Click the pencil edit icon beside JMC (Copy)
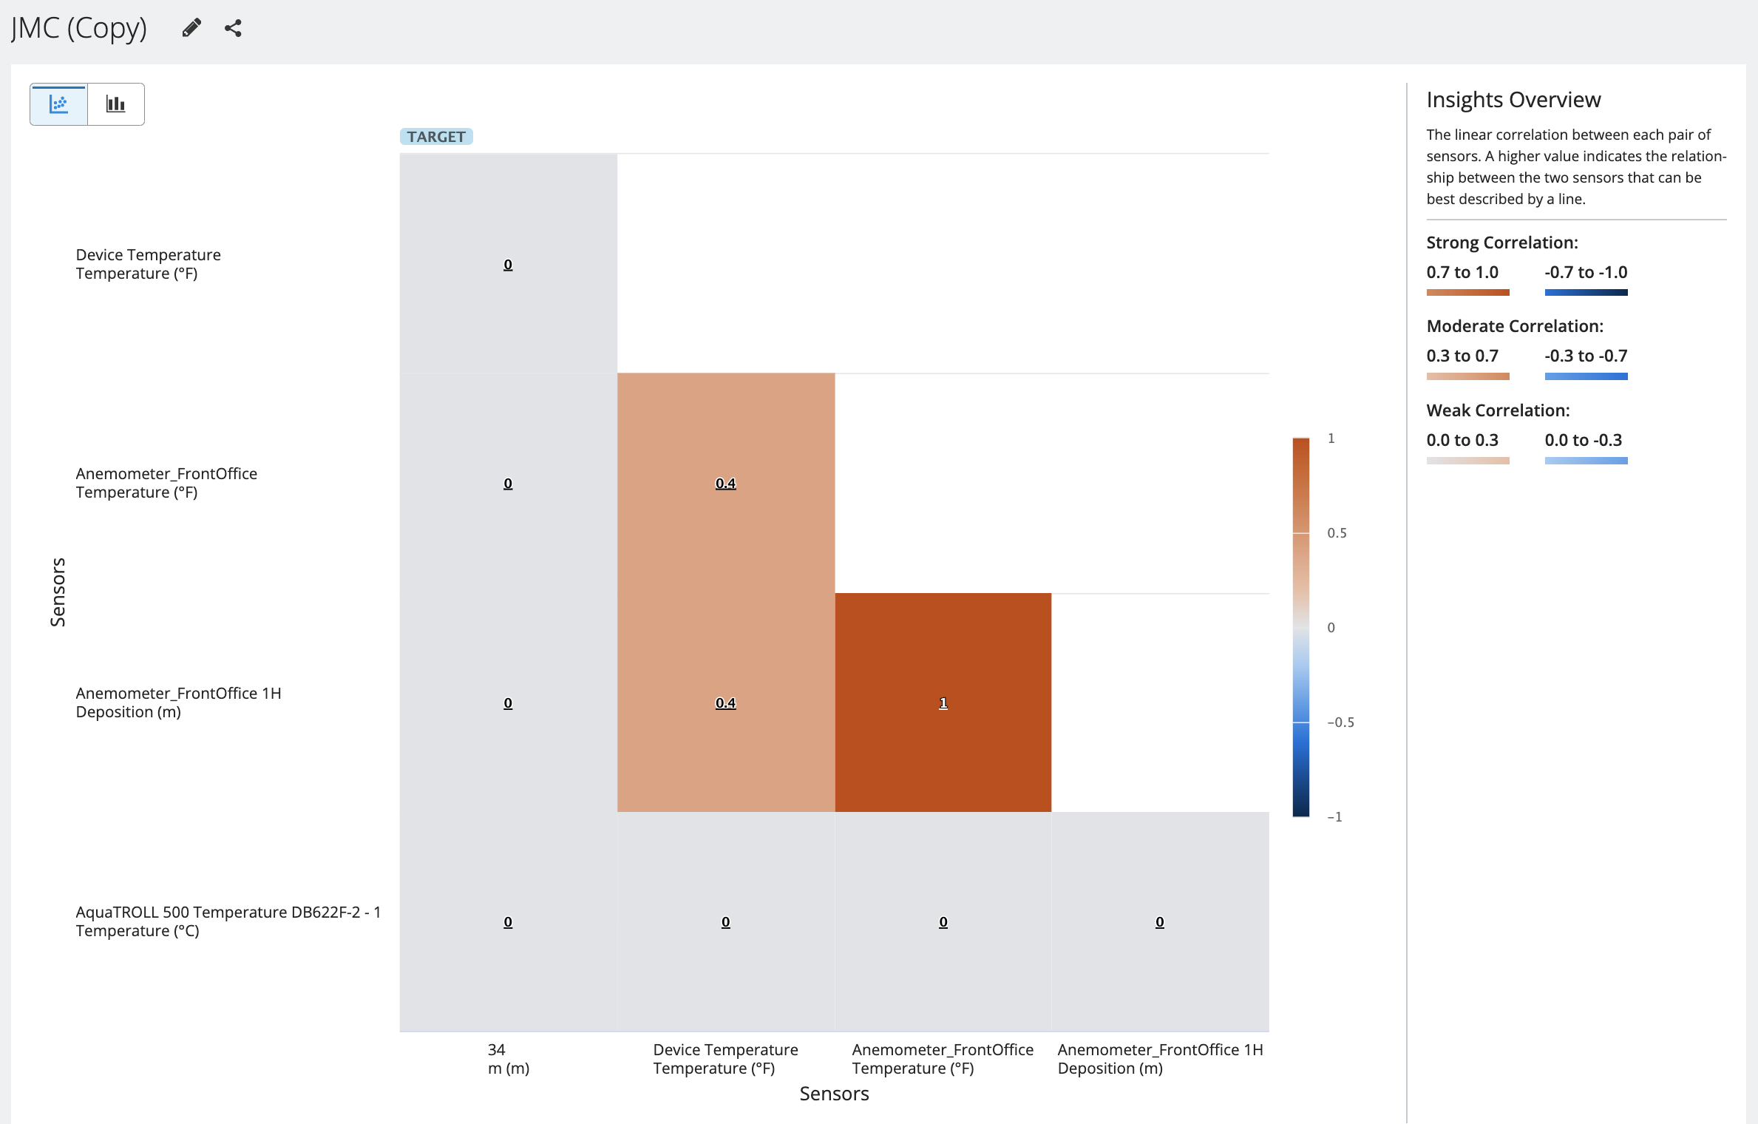(191, 28)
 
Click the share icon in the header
(234, 28)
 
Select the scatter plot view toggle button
(58, 104)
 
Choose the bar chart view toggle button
(116, 104)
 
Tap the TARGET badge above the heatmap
(436, 137)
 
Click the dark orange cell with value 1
(943, 702)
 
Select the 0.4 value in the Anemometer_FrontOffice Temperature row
(725, 484)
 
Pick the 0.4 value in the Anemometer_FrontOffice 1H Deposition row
(725, 703)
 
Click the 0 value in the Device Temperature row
(508, 265)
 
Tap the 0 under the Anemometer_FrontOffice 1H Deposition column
(1159, 922)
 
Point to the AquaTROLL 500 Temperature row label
(228, 921)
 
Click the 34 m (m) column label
(508, 1059)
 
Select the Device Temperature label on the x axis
(725, 1059)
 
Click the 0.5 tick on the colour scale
(1337, 533)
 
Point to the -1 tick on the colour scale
(1334, 817)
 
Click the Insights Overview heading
(1513, 100)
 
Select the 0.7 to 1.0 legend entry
(1462, 273)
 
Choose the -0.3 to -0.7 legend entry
(1586, 356)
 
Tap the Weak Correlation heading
(1498, 410)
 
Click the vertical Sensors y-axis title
(58, 592)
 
